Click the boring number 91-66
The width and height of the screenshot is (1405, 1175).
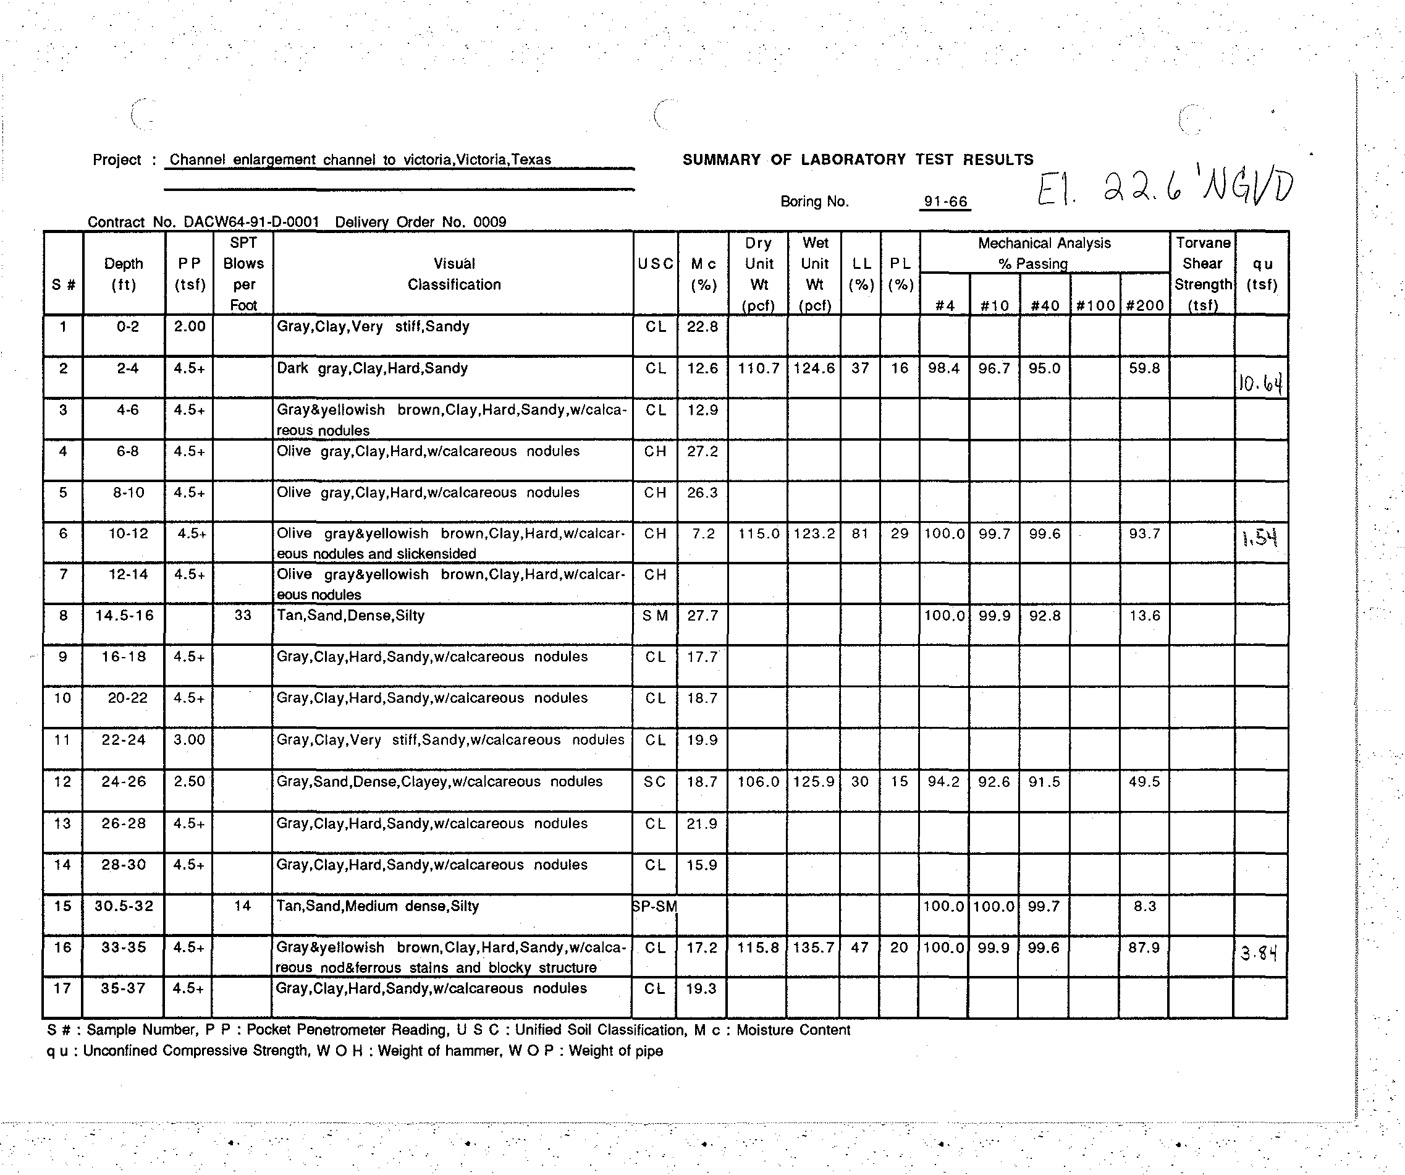pyautogui.click(x=945, y=201)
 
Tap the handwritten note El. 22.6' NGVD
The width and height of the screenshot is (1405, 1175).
pyautogui.click(x=1164, y=187)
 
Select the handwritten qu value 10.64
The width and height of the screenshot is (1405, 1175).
pyautogui.click(x=1260, y=383)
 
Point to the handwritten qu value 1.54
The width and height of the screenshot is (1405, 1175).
pyautogui.click(x=1260, y=537)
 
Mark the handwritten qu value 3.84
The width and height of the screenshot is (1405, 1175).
pyautogui.click(x=1259, y=952)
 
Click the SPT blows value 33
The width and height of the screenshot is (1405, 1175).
pyautogui.click(x=243, y=616)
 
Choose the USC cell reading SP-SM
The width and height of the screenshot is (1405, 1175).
pyautogui.click(x=654, y=907)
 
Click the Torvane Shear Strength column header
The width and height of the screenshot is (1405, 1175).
pyautogui.click(x=1202, y=274)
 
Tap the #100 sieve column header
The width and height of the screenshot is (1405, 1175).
pyautogui.click(x=1095, y=306)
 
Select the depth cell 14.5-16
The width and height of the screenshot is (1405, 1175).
pyautogui.click(x=124, y=616)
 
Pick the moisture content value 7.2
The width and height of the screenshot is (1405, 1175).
pyautogui.click(x=703, y=534)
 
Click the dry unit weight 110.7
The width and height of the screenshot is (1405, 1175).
pyautogui.click(x=758, y=368)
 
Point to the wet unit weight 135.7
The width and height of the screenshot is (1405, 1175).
pyautogui.click(x=814, y=948)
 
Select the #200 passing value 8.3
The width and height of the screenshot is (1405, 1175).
pyautogui.click(x=1144, y=907)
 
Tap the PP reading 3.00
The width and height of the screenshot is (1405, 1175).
pyautogui.click(x=189, y=740)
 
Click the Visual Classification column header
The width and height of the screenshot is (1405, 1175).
pyautogui.click(x=454, y=274)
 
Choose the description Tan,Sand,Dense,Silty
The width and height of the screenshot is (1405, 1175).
pyautogui.click(x=350, y=616)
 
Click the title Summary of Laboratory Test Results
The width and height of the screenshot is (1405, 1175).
pyautogui.click(x=858, y=160)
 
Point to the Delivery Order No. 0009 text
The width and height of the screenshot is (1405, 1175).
pyautogui.click(x=420, y=222)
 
